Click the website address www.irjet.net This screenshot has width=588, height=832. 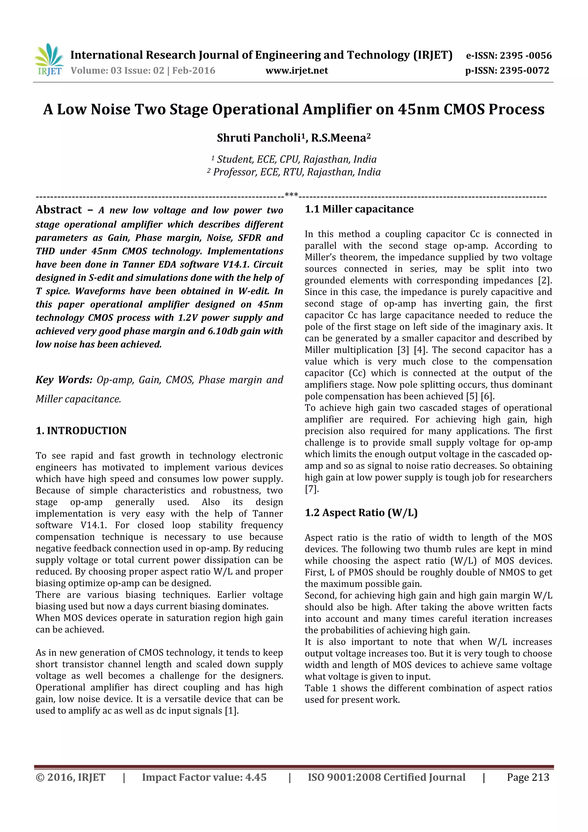click(x=296, y=71)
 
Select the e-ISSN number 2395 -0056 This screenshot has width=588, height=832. click(x=525, y=56)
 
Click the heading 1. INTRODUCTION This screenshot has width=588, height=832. click(x=81, y=431)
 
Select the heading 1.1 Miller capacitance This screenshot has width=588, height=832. click(x=359, y=209)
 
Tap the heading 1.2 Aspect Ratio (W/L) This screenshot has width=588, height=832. click(x=361, y=512)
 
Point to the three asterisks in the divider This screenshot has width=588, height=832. click(x=291, y=195)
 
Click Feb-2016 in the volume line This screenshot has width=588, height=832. click(x=194, y=71)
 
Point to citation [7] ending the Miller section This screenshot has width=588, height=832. click(x=311, y=489)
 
